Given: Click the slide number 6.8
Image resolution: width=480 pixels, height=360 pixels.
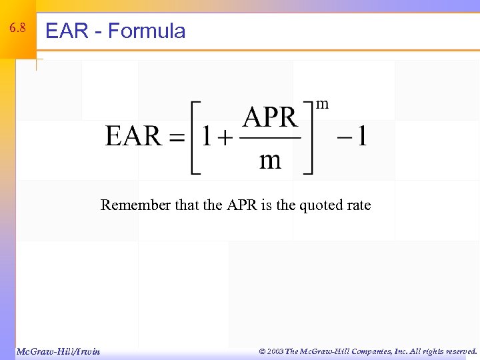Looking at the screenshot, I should tap(17, 29).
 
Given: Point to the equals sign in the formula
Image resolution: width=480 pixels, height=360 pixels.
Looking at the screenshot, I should tap(175, 138).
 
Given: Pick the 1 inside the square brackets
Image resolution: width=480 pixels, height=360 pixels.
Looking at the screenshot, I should tap(207, 137).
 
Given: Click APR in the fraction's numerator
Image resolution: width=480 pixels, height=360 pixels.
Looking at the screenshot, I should tap(269, 118).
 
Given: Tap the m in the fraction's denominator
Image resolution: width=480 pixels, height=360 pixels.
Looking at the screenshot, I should tap(269, 160).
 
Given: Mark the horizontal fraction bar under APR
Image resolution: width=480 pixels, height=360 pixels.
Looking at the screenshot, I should tap(269, 138).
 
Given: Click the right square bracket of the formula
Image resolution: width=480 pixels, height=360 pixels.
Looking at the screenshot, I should tap(308, 137).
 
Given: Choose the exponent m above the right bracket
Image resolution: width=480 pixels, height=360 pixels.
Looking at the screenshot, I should tap(322, 104).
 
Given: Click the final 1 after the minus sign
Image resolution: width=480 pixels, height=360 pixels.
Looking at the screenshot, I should tap(361, 137).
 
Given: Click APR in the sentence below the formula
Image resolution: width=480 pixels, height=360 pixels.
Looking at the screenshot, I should tap(242, 205).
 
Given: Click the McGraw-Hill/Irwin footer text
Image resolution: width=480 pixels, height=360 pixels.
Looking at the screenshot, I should tap(58, 351).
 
